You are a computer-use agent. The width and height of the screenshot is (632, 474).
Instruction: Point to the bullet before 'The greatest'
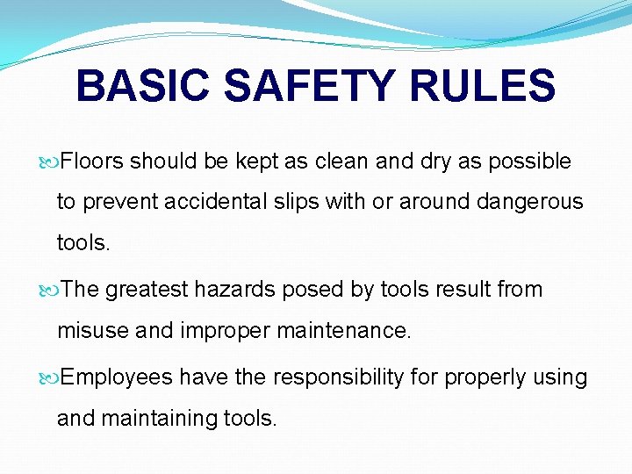(x=51, y=290)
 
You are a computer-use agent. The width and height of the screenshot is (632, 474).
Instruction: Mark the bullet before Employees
(x=51, y=378)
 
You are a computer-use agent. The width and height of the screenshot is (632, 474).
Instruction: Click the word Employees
(x=118, y=378)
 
